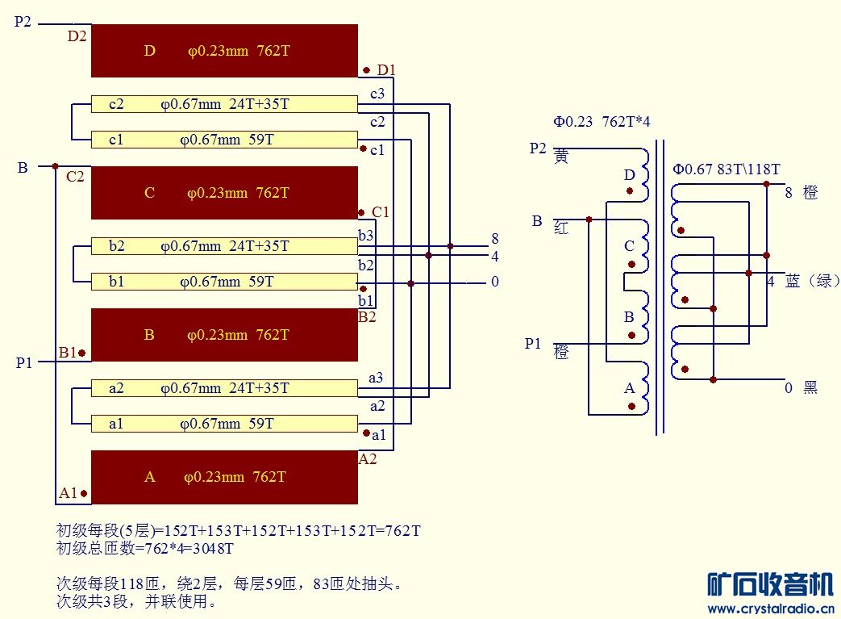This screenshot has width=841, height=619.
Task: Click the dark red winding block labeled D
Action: [x=223, y=51]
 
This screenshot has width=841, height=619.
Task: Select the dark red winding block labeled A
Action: [x=223, y=477]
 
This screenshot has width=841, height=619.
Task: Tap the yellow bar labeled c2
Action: [x=223, y=104]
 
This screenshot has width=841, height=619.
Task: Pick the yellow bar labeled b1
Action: [x=223, y=282]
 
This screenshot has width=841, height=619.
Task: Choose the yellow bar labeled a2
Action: [x=223, y=388]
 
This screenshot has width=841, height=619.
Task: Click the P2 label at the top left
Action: [x=23, y=23]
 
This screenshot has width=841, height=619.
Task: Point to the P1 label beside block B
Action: [x=24, y=363]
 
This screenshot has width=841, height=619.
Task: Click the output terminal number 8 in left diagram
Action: [x=495, y=239]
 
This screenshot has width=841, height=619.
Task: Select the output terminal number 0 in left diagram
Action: [x=495, y=282]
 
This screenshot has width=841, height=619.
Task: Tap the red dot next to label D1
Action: [x=366, y=70]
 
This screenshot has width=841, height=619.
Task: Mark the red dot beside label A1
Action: [x=84, y=493]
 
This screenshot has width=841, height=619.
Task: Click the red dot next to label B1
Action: [x=81, y=353]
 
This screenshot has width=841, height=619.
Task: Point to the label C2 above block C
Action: [x=75, y=177]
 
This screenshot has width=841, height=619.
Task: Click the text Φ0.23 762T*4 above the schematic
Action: [x=602, y=122]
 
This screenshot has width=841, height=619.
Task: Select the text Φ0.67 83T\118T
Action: [x=727, y=169]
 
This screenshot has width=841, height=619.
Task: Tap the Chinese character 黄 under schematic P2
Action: [x=562, y=157]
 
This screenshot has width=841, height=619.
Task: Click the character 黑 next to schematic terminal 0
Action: [x=810, y=388]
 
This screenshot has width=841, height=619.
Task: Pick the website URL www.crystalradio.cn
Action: [x=771, y=609]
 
